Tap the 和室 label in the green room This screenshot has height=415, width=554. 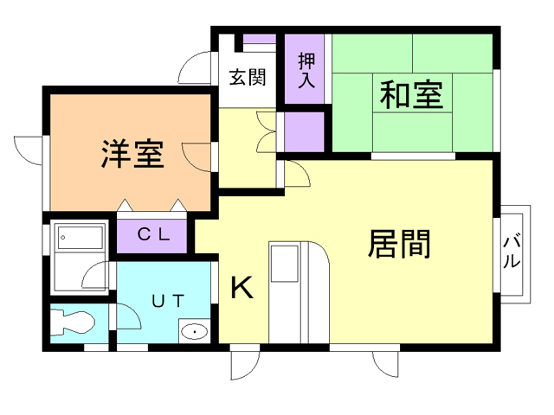(410, 94)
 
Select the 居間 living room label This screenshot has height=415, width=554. (400, 244)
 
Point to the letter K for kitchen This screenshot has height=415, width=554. (242, 287)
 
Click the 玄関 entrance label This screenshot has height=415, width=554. (247, 77)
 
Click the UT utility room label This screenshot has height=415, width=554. (166, 301)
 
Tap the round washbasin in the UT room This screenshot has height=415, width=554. (196, 330)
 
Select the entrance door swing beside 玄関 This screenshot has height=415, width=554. (196, 69)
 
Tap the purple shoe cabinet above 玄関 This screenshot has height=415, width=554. (258, 39)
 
